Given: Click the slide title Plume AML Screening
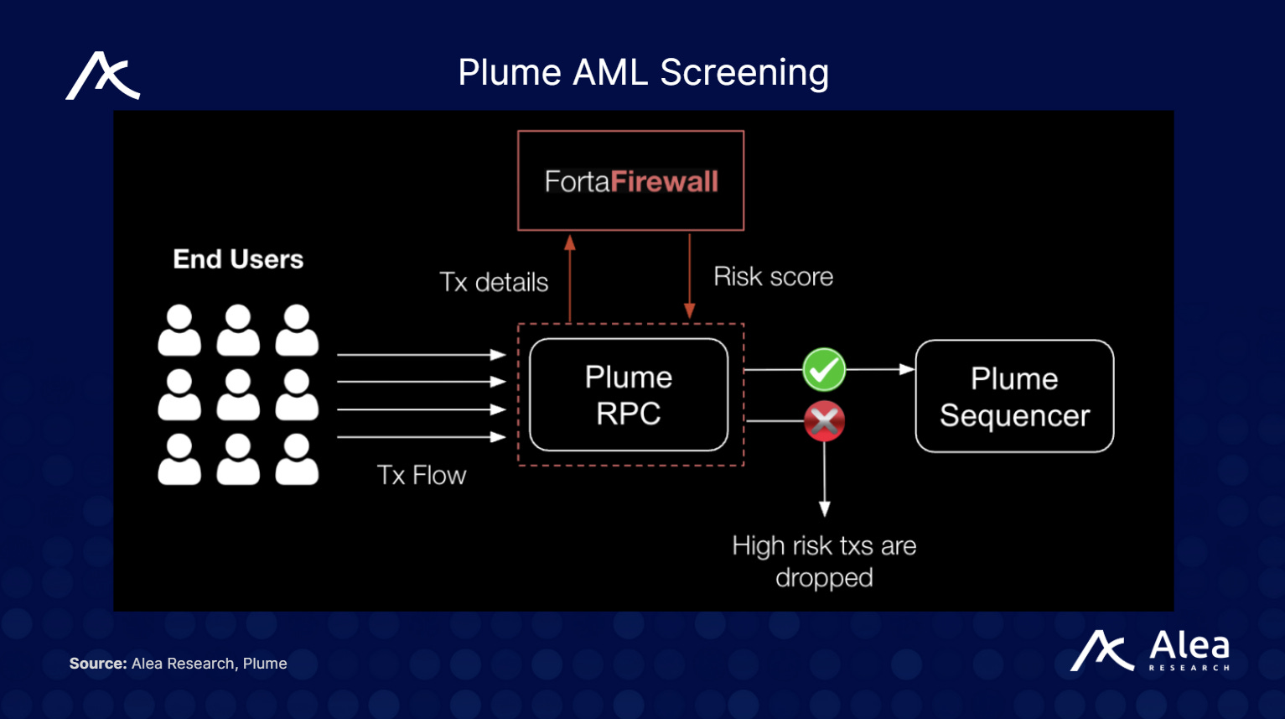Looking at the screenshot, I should pyautogui.click(x=643, y=73).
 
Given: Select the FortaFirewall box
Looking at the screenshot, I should pyautogui.click(x=630, y=180).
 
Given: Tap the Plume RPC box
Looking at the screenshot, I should pyautogui.click(x=629, y=395).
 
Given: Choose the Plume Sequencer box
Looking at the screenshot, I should pyautogui.click(x=1014, y=396).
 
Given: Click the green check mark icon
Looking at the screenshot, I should pyautogui.click(x=824, y=370).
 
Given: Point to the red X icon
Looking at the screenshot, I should pyautogui.click(x=824, y=421).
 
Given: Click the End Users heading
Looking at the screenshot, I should pyautogui.click(x=238, y=259).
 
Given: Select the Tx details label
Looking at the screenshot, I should pyautogui.click(x=494, y=282).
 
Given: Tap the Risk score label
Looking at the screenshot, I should pyautogui.click(x=773, y=277).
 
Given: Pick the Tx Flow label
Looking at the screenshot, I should pyautogui.click(x=421, y=475).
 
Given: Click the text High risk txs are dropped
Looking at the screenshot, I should pyautogui.click(x=824, y=561).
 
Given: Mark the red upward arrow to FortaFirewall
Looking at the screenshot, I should pyautogui.click(x=570, y=277).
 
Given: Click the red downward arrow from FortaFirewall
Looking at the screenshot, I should pyautogui.click(x=689, y=277).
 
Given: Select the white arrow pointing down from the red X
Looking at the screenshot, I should pyautogui.click(x=824, y=478).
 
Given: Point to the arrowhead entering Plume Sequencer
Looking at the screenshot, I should pyautogui.click(x=906, y=369).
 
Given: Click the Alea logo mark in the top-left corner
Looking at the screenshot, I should pyautogui.click(x=102, y=76).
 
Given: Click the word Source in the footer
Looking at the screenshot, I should pyautogui.click(x=97, y=664).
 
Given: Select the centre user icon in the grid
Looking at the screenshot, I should pyautogui.click(x=238, y=394).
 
